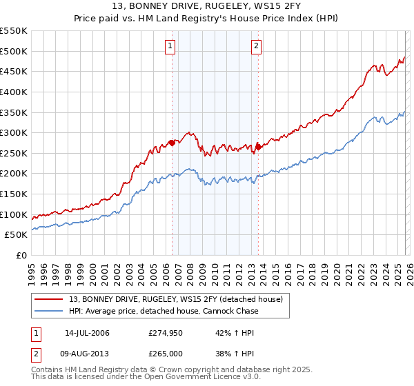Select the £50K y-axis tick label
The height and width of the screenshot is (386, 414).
pos(17,235)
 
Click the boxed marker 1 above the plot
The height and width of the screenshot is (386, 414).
pos(170,46)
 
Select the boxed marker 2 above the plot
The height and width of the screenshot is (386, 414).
pos(256,46)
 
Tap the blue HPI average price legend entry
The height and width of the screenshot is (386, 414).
pos(164,311)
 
